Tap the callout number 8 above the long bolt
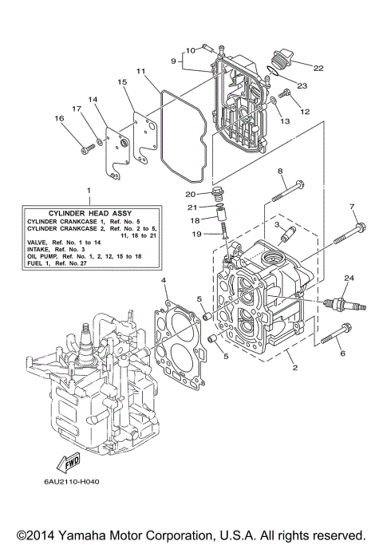pyautogui.click(x=280, y=172)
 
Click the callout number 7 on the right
pyautogui.click(x=352, y=207)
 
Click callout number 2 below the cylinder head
pyautogui.click(x=294, y=369)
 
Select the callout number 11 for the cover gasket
pyautogui.click(x=140, y=72)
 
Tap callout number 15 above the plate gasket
pyautogui.click(x=122, y=82)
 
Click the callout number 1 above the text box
pyautogui.click(x=89, y=192)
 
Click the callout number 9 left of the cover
pyautogui.click(x=172, y=60)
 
